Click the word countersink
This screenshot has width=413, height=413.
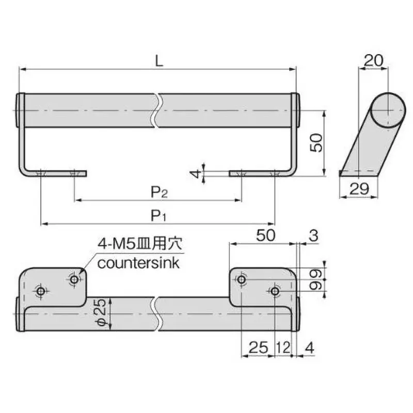click(138, 263)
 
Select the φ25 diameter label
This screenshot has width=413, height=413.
click(101, 313)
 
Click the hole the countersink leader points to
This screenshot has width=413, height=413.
click(75, 279)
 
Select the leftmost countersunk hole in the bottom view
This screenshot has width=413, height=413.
click(41, 292)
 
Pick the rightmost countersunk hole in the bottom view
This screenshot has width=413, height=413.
click(275, 292)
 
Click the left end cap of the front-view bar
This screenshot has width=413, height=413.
click(21, 110)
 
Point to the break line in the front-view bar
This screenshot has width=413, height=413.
click(157, 110)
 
